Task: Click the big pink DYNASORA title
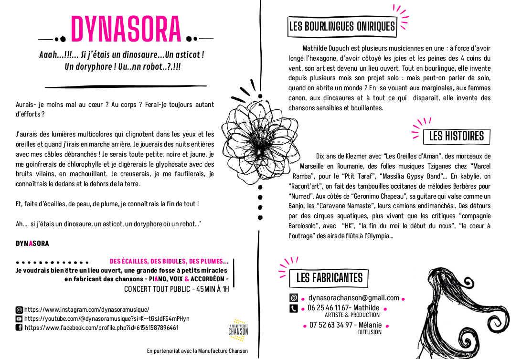tap(126, 30)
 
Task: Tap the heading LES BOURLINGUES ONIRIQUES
tap(342, 26)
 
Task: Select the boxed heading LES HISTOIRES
tap(456, 136)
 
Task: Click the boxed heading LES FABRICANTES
tap(329, 277)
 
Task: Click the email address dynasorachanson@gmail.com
tap(353, 298)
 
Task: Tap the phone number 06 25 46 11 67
tap(330, 308)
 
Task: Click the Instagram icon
tap(19, 309)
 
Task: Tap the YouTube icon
tap(19, 318)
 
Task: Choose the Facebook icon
tap(19, 328)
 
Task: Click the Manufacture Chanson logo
tap(238, 330)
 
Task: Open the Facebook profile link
tap(101, 328)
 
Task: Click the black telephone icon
tap(294, 308)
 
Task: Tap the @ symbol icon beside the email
tap(294, 298)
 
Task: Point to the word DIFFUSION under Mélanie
tap(370, 332)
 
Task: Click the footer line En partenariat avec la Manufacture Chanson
tap(197, 351)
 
